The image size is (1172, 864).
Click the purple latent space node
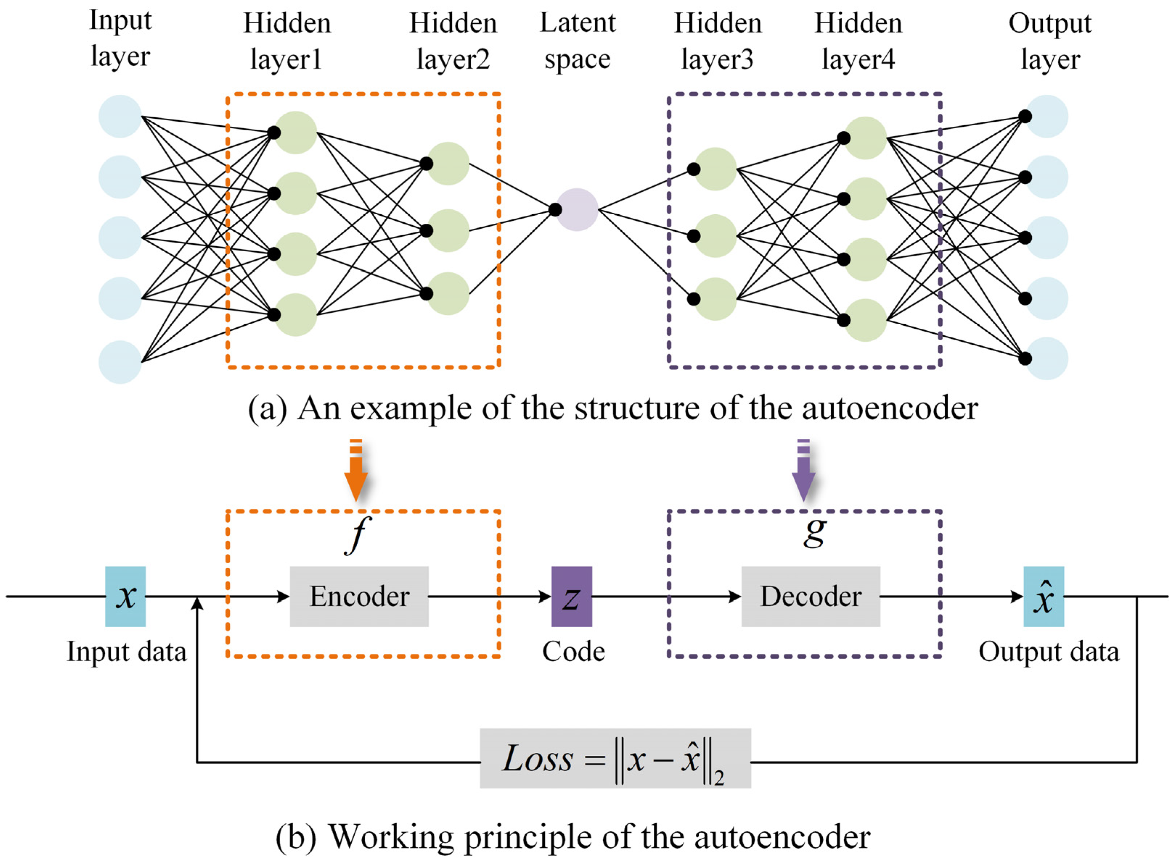coord(577,210)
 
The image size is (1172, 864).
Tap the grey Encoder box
coord(359,596)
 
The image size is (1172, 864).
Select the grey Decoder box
coord(810,596)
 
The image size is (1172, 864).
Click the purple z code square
coord(571,596)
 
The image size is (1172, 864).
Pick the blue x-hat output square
coord(1044,596)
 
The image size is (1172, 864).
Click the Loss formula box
coord(615,758)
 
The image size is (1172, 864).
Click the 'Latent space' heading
coord(577,40)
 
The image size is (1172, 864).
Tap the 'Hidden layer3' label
coord(718,41)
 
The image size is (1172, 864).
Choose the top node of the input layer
coord(120,116)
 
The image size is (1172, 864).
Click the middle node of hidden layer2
coord(448,231)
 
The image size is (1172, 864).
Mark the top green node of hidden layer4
coord(865,138)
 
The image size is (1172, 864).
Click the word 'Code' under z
coord(573,652)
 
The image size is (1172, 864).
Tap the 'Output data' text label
coord(1049,652)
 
